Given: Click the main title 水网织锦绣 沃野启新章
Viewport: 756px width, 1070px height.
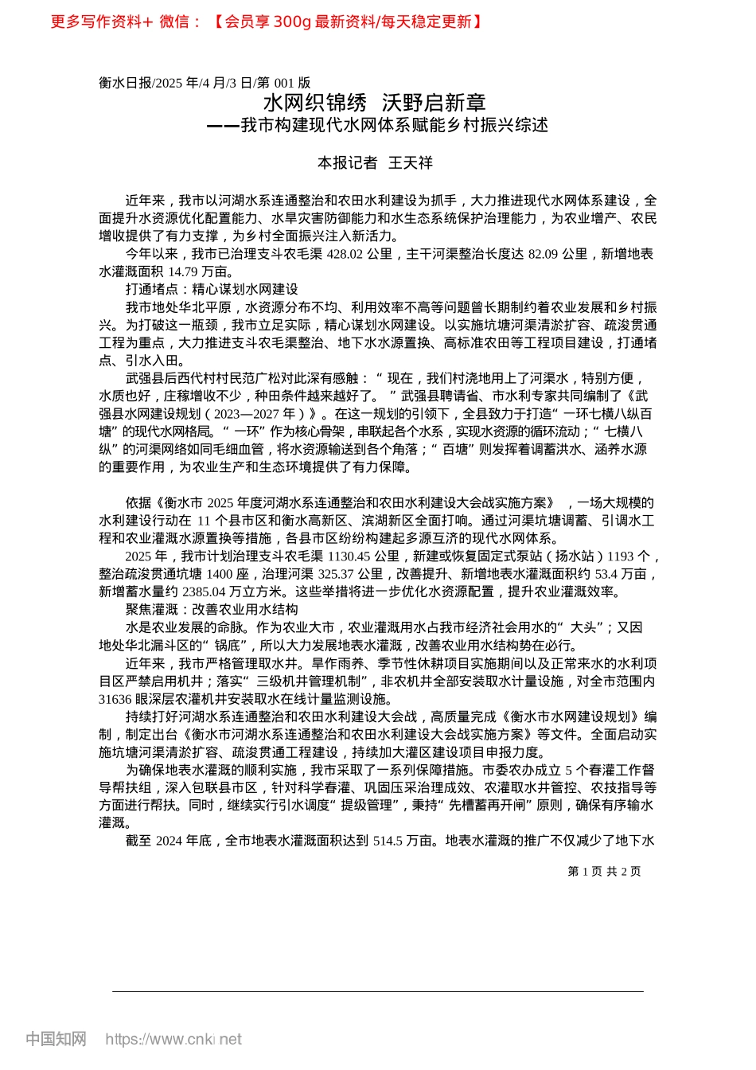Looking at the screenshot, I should pos(374,103).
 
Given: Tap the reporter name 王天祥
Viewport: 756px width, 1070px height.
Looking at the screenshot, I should pos(411,163).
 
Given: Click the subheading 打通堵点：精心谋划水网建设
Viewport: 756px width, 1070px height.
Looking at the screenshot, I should pos(212,289).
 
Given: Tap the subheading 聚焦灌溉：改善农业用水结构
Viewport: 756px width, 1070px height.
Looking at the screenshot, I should pos(212,609).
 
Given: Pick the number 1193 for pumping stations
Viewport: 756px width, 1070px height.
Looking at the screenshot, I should pos(621,556).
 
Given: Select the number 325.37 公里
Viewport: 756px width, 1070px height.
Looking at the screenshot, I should pos(345,574).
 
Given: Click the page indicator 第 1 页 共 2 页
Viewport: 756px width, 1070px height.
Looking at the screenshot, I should pos(604,872).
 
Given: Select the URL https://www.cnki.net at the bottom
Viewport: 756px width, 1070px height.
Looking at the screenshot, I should pos(173,1039).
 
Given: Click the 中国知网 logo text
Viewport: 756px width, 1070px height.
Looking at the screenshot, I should pos(56,1039).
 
